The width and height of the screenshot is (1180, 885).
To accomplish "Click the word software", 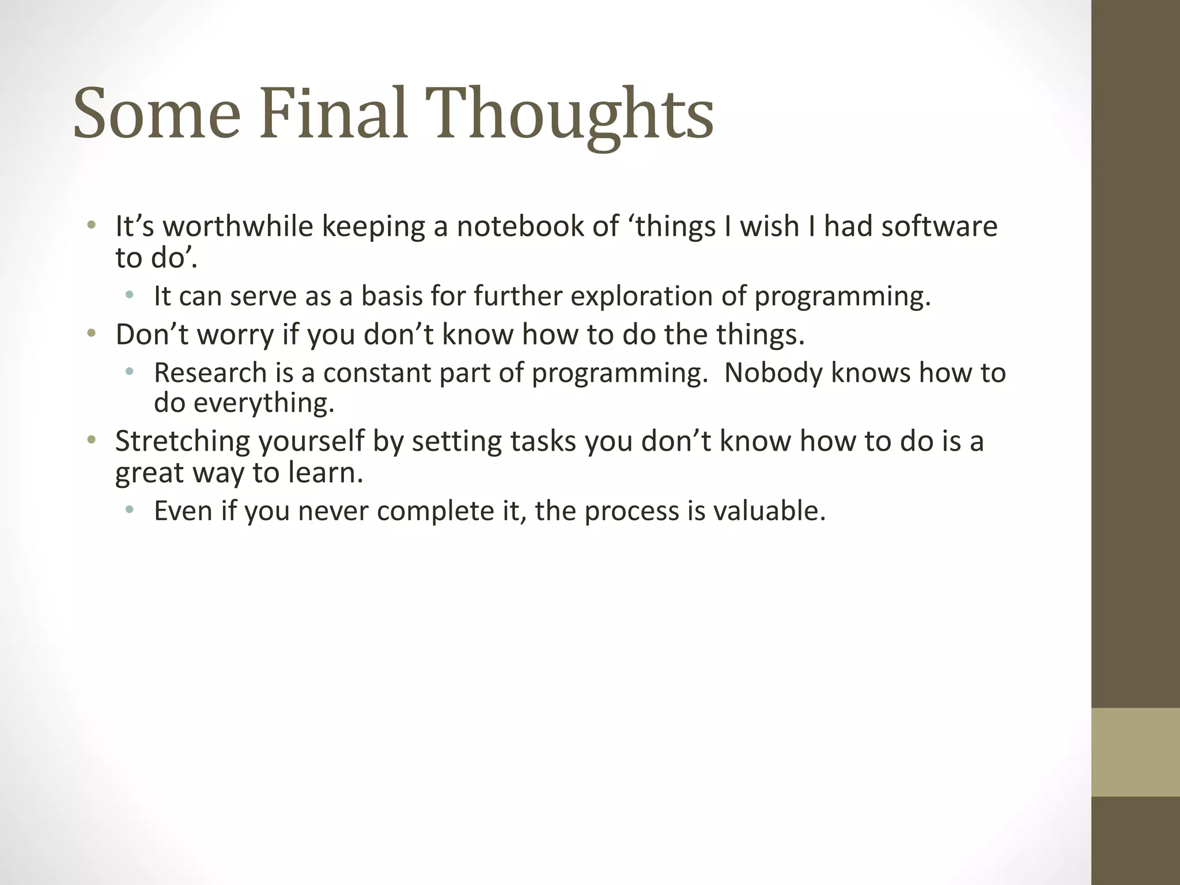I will click(939, 226).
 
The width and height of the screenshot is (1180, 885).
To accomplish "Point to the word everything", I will click(263, 403).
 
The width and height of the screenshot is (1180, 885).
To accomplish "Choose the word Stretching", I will click(182, 442).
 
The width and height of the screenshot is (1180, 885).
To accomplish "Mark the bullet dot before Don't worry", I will click(91, 334).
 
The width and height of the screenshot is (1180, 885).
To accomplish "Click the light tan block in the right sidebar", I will click(1135, 752).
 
